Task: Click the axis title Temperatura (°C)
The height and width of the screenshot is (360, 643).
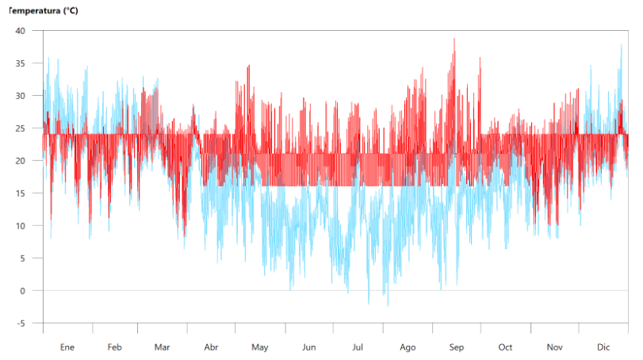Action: (x=44, y=11)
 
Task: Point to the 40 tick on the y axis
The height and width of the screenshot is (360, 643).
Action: (x=21, y=31)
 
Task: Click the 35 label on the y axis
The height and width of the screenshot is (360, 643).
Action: (x=21, y=63)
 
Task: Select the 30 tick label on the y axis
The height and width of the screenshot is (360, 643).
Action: (x=21, y=96)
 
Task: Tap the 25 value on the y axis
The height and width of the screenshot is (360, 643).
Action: (x=21, y=128)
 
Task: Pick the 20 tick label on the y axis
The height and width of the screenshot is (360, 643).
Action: (x=21, y=161)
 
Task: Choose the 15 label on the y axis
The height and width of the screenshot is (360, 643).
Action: (x=21, y=193)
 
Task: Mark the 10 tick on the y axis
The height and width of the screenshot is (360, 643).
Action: (x=21, y=226)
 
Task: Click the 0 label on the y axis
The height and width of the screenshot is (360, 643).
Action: (x=23, y=291)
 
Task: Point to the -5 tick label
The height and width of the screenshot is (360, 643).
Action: (x=21, y=324)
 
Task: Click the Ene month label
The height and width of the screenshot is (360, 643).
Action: (x=67, y=347)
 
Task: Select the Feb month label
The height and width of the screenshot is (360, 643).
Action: (x=115, y=347)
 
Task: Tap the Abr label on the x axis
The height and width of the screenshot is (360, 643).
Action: (x=211, y=347)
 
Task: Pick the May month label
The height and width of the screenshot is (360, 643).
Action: (x=260, y=347)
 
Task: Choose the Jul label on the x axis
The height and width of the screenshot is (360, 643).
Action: (x=358, y=347)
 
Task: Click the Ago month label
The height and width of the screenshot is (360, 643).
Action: (x=408, y=347)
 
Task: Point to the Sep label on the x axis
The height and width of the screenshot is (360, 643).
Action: (x=457, y=347)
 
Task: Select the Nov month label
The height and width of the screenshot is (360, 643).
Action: (x=555, y=347)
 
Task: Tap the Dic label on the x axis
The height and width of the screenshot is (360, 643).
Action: (x=604, y=347)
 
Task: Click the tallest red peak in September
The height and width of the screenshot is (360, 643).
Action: (x=454, y=40)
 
